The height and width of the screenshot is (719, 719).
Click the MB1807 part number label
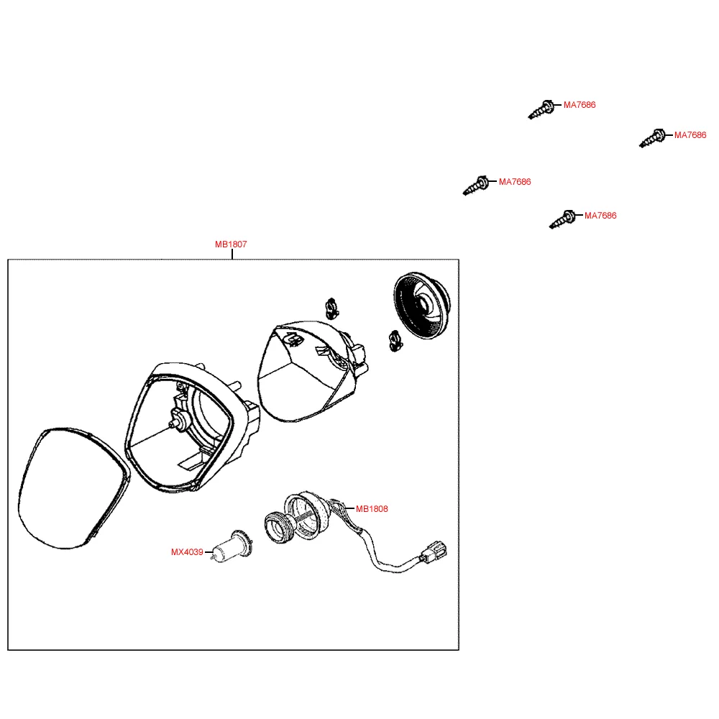pos(231,244)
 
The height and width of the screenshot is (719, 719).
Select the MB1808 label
pos(372,508)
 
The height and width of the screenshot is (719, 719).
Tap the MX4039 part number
pos(187,552)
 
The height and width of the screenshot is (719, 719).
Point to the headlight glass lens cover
pos(73,488)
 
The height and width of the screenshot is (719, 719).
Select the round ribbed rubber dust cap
pos(422,305)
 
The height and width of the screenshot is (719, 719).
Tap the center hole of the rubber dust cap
pos(425,303)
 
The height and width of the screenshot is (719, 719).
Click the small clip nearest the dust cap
pos(395,341)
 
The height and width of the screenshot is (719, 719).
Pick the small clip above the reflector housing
pos(331,308)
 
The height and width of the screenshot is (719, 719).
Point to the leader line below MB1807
pos(232,254)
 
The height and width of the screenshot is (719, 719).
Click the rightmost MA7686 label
pos(690,135)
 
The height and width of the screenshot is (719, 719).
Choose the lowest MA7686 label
pos(600,216)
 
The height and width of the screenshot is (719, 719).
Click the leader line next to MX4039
pos(209,552)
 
